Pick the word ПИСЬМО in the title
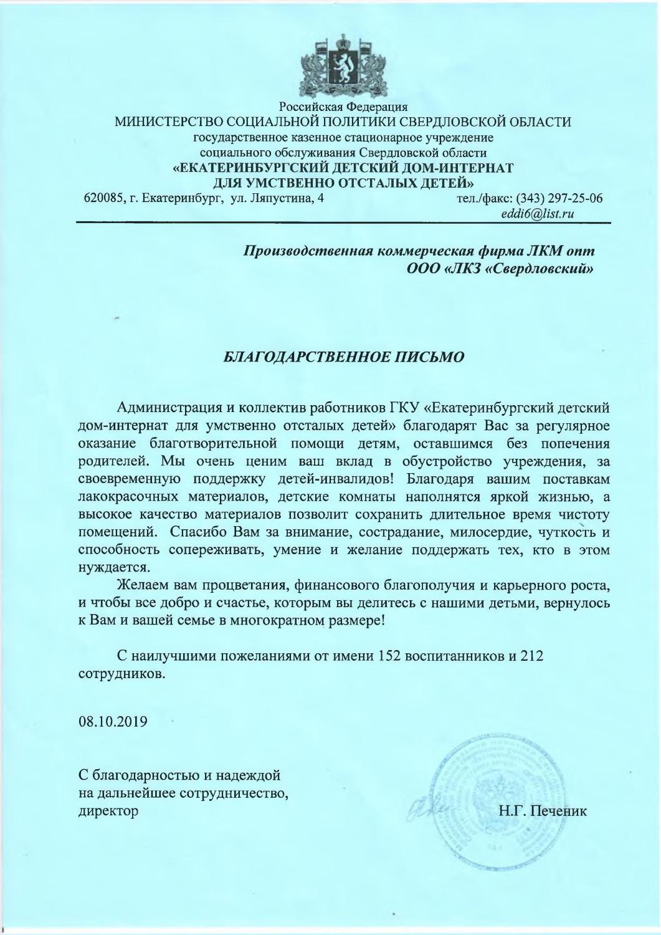point(428,357)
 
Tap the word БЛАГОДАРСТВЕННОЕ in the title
point(299,357)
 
